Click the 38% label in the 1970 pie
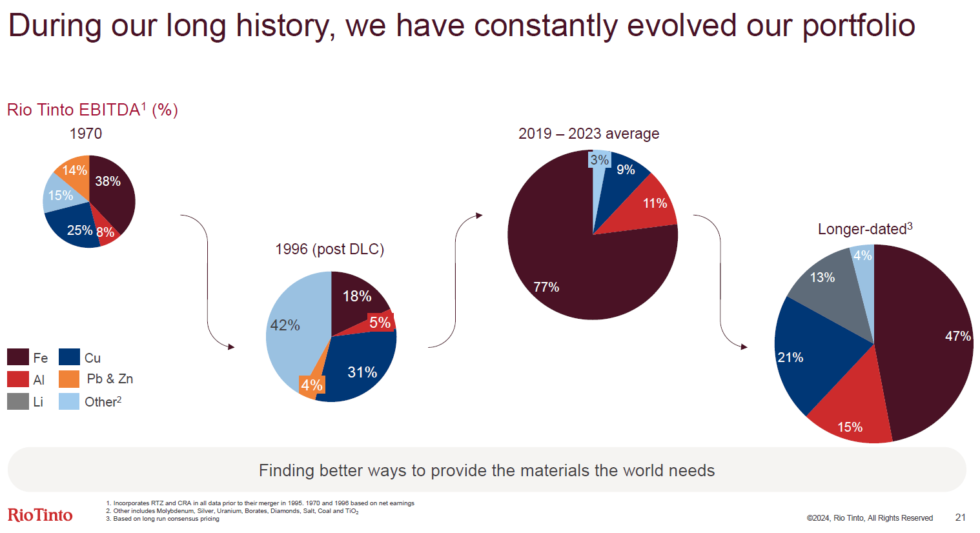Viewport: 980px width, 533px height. tap(108, 181)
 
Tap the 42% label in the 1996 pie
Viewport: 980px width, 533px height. tap(285, 325)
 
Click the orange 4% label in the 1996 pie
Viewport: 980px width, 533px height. tap(312, 385)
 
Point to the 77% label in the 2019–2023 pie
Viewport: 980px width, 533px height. tap(546, 287)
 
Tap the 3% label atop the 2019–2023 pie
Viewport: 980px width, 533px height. tap(599, 159)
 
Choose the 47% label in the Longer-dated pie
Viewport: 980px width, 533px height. tap(957, 336)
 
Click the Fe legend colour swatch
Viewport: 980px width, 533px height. tap(18, 357)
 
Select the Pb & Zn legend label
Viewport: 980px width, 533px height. tap(110, 379)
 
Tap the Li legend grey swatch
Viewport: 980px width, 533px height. tap(18, 401)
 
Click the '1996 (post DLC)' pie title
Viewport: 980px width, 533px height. tap(329, 249)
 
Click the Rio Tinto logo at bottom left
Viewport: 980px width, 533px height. tap(40, 514)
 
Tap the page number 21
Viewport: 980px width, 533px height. tap(960, 518)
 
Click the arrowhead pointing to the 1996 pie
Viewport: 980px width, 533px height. tap(231, 347)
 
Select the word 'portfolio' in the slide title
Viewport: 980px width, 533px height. tap(859, 26)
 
